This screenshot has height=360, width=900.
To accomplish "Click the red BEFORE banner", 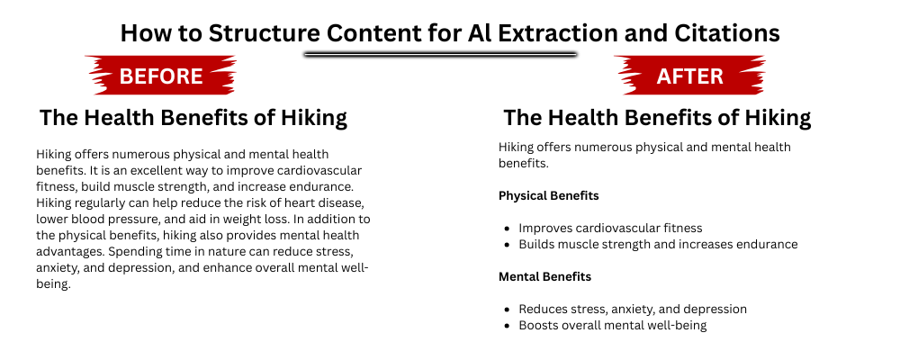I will click(x=161, y=76).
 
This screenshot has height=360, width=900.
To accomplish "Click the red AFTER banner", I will click(x=689, y=76).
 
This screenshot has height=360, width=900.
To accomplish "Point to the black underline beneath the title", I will click(x=440, y=54).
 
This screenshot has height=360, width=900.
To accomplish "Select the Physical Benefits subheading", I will click(x=549, y=195).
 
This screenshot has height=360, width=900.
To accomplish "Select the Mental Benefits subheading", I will click(x=544, y=276).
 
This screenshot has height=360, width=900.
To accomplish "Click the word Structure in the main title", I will click(x=270, y=33).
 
